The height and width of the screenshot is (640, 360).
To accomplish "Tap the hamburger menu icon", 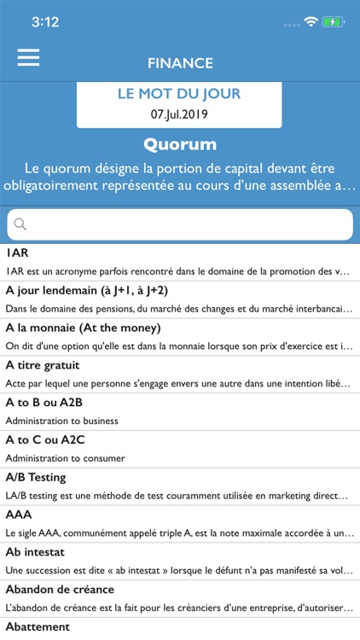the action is tap(28, 56).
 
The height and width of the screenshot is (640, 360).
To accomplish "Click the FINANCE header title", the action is tap(180, 63).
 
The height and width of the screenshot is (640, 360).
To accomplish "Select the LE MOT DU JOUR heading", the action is tap(179, 94).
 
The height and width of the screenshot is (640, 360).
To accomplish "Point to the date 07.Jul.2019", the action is tap(179, 113).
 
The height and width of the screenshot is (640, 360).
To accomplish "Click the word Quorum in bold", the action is tap(180, 143).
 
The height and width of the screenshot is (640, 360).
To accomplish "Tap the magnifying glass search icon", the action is tap(20, 224).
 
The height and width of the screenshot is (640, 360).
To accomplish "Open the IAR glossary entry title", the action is tap(17, 253).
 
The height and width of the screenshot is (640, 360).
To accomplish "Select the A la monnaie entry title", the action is tap(83, 328).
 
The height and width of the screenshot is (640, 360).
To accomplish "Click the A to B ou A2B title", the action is tap(44, 403).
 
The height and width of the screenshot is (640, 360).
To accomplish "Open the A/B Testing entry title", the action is tap(36, 477).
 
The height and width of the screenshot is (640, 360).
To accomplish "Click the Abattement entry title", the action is tap(38, 627).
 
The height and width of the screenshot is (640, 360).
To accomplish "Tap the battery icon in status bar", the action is tap(334, 21).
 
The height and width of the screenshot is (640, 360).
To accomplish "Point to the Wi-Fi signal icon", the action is tap(311, 21).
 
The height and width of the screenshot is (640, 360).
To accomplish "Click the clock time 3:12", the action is tap(44, 22).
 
